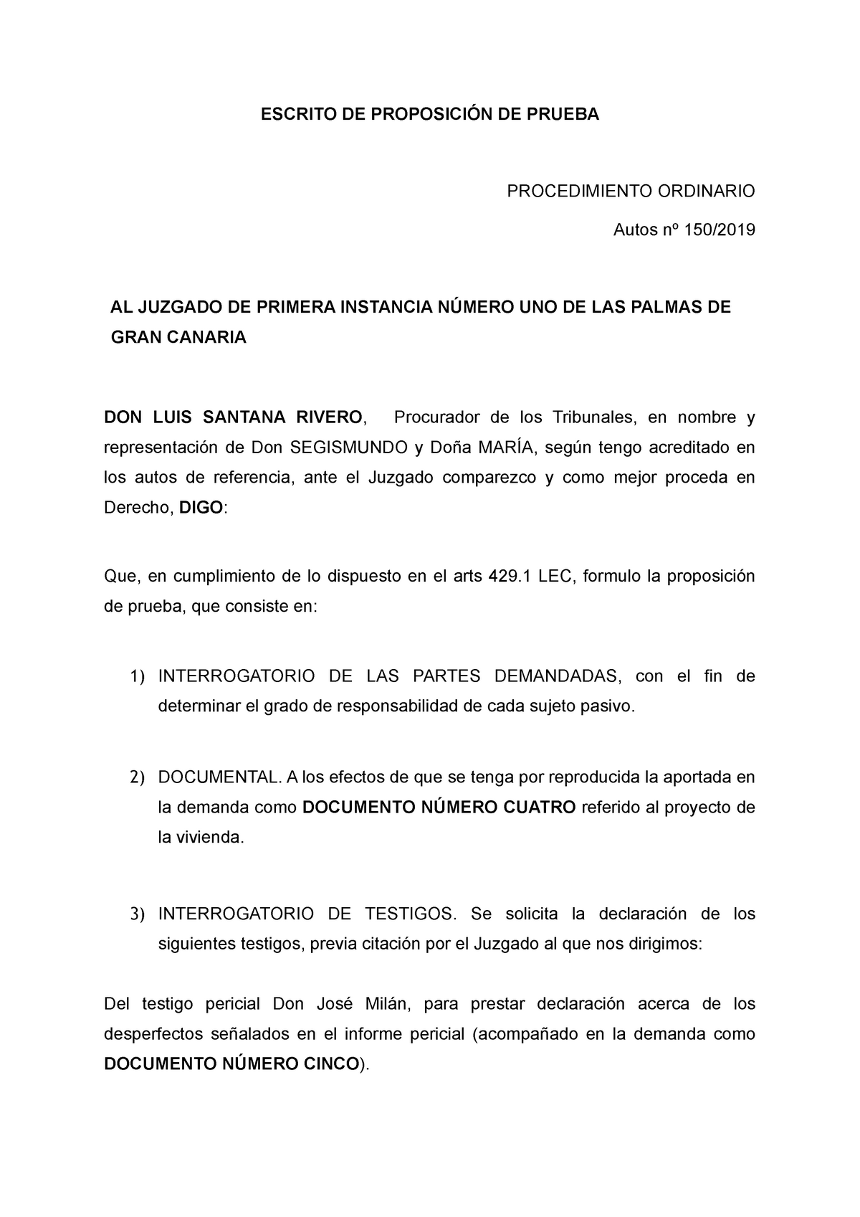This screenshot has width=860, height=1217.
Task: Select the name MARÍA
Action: click(x=510, y=448)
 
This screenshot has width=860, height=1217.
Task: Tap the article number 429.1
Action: click(x=510, y=577)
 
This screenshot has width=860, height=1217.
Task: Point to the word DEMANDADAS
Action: click(x=555, y=676)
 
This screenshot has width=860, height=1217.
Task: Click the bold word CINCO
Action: click(x=326, y=1064)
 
